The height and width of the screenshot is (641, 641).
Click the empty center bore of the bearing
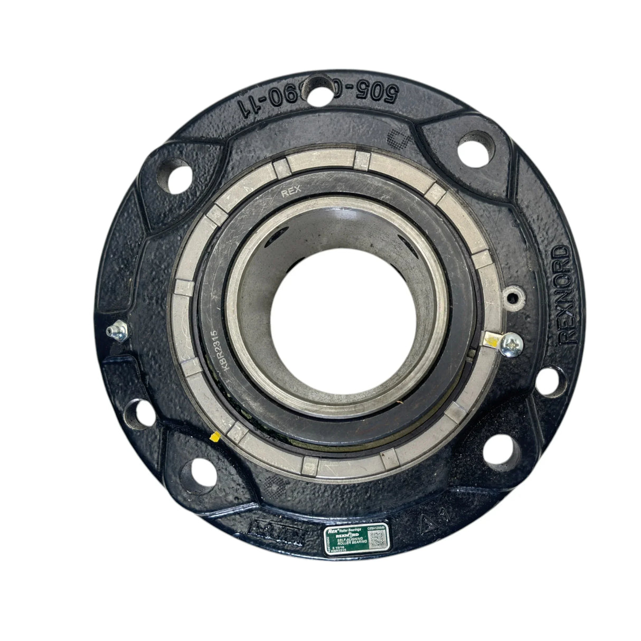(331, 317)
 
